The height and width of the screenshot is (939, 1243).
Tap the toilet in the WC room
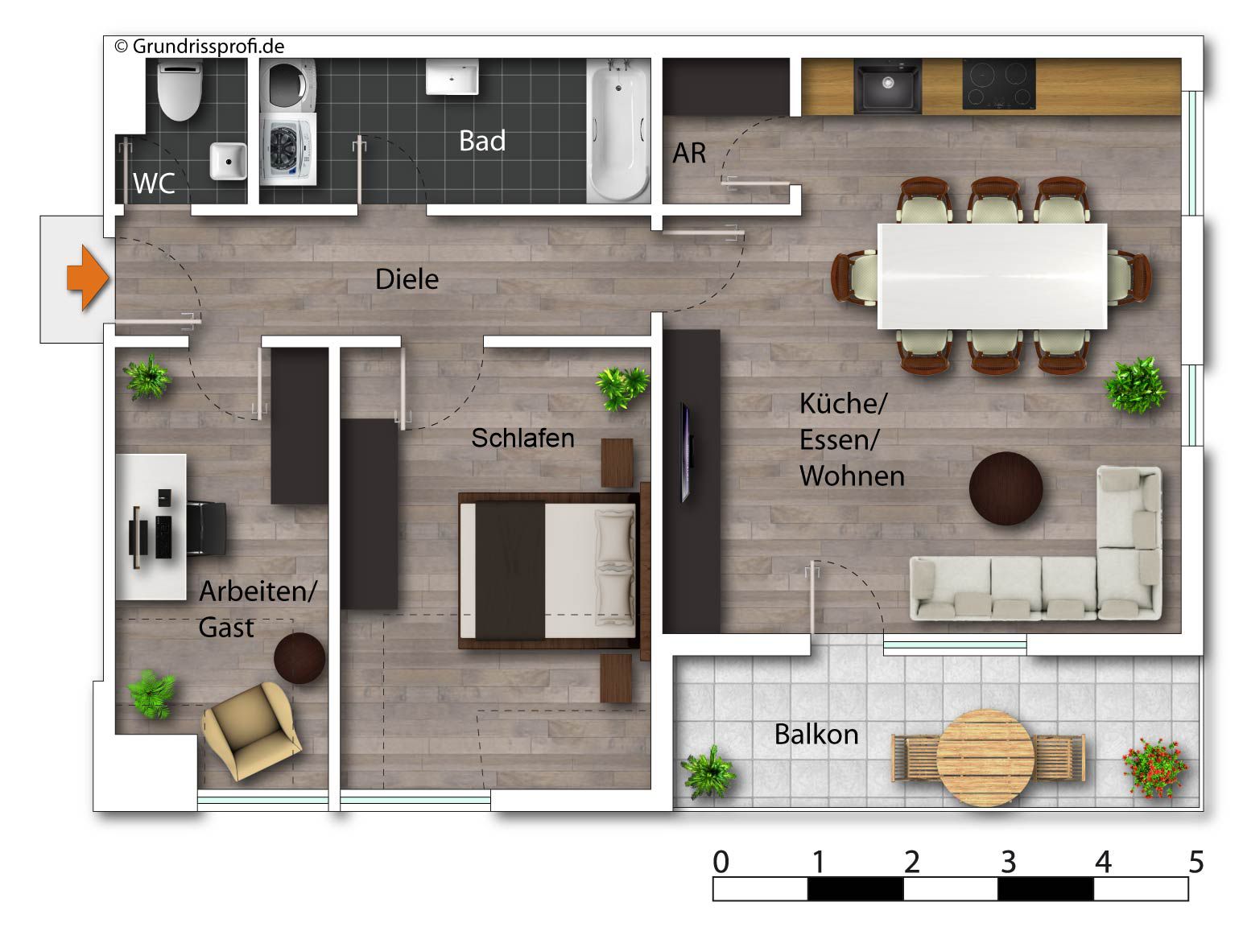180,91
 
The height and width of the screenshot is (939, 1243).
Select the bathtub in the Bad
617,130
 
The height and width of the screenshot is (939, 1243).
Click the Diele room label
407,279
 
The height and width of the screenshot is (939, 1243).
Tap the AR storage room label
689,153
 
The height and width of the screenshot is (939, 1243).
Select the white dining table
992,276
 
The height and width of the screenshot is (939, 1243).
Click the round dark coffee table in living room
1006,488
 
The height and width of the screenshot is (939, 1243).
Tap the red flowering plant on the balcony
1154,768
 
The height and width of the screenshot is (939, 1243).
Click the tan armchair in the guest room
252,731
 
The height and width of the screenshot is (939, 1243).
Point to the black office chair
206,528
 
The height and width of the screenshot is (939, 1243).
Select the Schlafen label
522,438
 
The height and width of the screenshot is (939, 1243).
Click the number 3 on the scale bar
1008,862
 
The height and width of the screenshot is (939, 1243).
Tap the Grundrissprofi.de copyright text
200,47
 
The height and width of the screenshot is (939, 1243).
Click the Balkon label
816,735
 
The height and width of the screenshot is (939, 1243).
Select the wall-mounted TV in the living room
686,452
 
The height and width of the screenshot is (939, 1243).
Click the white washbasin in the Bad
452,77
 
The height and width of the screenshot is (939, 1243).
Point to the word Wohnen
852,476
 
